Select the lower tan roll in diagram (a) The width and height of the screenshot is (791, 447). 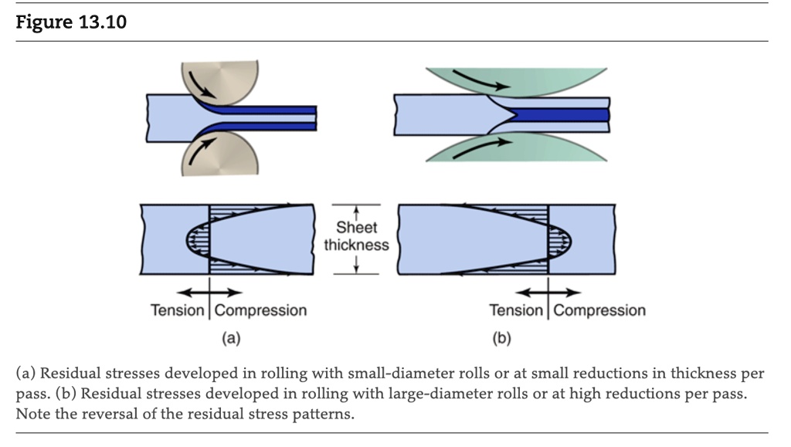click(x=224, y=154)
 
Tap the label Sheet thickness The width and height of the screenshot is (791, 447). click(x=356, y=236)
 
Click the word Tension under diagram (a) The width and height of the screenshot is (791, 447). click(x=178, y=310)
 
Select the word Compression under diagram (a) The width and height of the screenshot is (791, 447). click(x=260, y=310)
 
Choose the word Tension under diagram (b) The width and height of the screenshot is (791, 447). click(x=517, y=310)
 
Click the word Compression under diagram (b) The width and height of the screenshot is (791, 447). click(x=599, y=310)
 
